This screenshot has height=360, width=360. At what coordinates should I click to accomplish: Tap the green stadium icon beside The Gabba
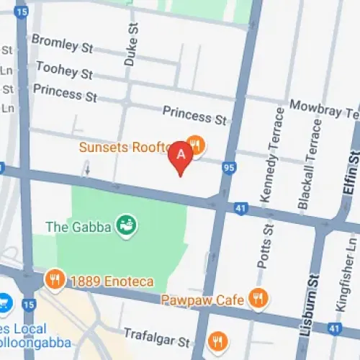click(x=127, y=225)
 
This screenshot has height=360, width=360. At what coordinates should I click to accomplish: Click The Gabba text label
click(x=78, y=227)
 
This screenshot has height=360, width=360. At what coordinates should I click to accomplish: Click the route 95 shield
click(x=230, y=168)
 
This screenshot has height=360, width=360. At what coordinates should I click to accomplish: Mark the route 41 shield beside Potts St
click(x=240, y=207)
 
